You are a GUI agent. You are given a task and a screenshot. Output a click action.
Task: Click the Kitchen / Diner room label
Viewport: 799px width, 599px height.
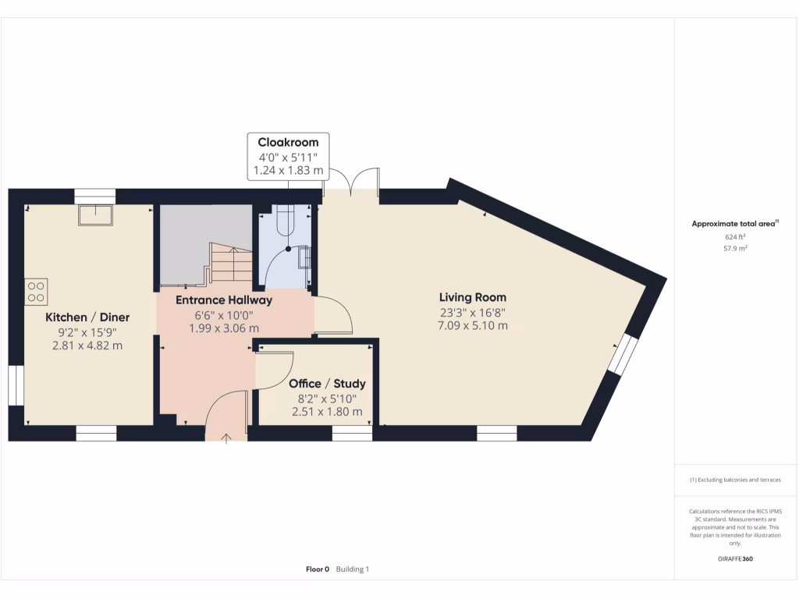pos(87,317)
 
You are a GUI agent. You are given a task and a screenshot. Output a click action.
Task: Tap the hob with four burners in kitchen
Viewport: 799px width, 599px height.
pos(36,290)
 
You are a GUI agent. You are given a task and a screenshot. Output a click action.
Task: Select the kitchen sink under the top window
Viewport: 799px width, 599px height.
pos(95,214)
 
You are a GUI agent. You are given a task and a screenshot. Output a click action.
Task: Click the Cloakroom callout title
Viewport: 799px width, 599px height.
pos(288,143)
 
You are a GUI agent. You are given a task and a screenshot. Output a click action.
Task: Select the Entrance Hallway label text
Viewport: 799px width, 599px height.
pos(223,300)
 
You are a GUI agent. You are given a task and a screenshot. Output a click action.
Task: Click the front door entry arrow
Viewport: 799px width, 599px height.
pos(227,439)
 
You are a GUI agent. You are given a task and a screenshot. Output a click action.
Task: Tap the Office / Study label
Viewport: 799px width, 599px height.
pos(327,384)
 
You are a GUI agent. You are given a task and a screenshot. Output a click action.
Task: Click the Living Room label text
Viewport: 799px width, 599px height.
pos(472,297)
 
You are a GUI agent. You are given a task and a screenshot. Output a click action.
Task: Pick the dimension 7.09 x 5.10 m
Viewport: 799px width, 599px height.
pos(472,325)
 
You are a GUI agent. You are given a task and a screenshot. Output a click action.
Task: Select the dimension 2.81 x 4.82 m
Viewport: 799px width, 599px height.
pos(87,346)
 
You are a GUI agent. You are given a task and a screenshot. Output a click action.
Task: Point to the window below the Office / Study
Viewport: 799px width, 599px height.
pos(352,433)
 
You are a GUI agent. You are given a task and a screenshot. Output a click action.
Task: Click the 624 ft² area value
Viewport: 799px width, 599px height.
pos(736,236)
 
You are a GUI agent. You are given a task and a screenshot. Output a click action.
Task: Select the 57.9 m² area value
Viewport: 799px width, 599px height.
pos(736,248)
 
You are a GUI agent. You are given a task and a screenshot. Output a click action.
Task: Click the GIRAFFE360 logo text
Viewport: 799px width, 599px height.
pos(736,558)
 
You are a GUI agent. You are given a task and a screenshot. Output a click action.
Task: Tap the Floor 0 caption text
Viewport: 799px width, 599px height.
pos(318,569)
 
